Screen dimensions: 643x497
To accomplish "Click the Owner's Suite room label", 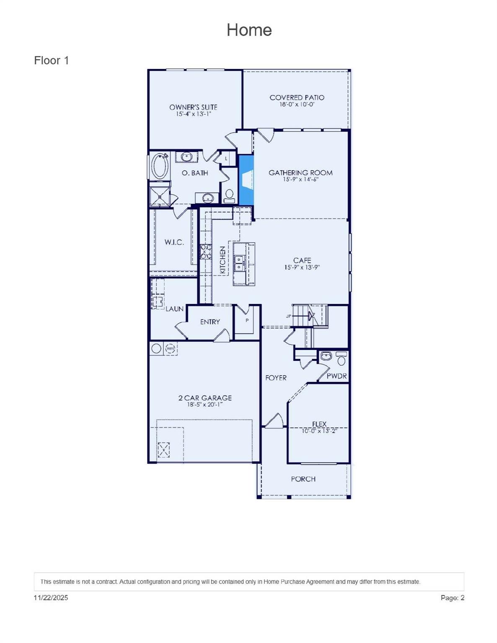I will (193, 107).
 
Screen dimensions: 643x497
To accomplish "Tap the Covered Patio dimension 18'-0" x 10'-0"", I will (297, 104).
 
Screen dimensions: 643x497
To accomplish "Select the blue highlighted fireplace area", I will (246, 180).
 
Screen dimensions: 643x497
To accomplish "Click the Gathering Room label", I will (300, 172).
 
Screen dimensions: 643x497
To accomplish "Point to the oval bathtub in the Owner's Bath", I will (160, 166).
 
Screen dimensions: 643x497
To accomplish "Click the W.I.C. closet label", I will (174, 242).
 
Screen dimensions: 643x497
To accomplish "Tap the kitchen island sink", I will (239, 263).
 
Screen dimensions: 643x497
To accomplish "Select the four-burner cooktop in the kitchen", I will (206, 251).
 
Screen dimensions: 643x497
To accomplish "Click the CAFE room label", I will (302, 260).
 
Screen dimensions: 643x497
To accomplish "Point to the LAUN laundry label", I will (174, 309).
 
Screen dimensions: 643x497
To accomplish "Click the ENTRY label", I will (210, 322).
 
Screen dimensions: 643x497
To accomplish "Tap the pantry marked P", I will (247, 321).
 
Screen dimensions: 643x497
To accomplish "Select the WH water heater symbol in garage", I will (170, 348).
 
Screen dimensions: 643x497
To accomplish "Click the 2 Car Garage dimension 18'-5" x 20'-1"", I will (205, 405).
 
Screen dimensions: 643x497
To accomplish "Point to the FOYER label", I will (276, 378).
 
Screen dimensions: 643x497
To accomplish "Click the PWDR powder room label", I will (337, 376).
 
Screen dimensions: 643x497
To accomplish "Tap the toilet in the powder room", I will (342, 359).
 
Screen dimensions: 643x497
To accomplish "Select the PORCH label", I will (303, 479).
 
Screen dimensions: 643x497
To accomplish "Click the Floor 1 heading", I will (51, 61).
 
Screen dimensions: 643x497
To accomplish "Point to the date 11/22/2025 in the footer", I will (51, 598).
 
